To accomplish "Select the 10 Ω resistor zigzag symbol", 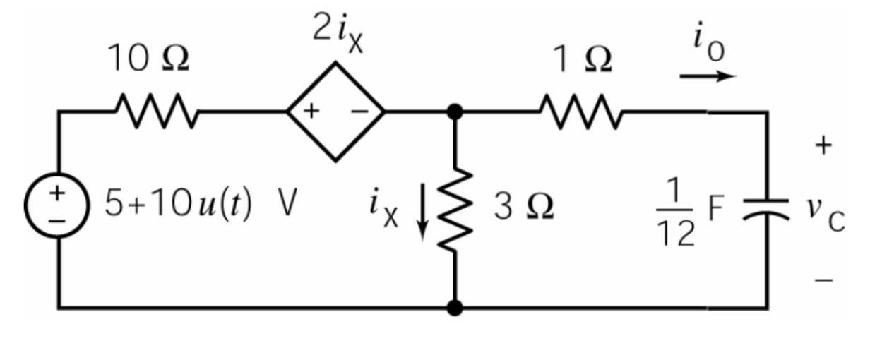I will tap(156, 112).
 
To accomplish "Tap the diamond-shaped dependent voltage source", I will tap(335, 112).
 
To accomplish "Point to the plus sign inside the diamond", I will tap(311, 112).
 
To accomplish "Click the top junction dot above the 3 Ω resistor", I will tap(455, 112).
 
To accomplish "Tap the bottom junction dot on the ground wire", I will tap(455, 308).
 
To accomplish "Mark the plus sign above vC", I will tap(823, 145).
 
